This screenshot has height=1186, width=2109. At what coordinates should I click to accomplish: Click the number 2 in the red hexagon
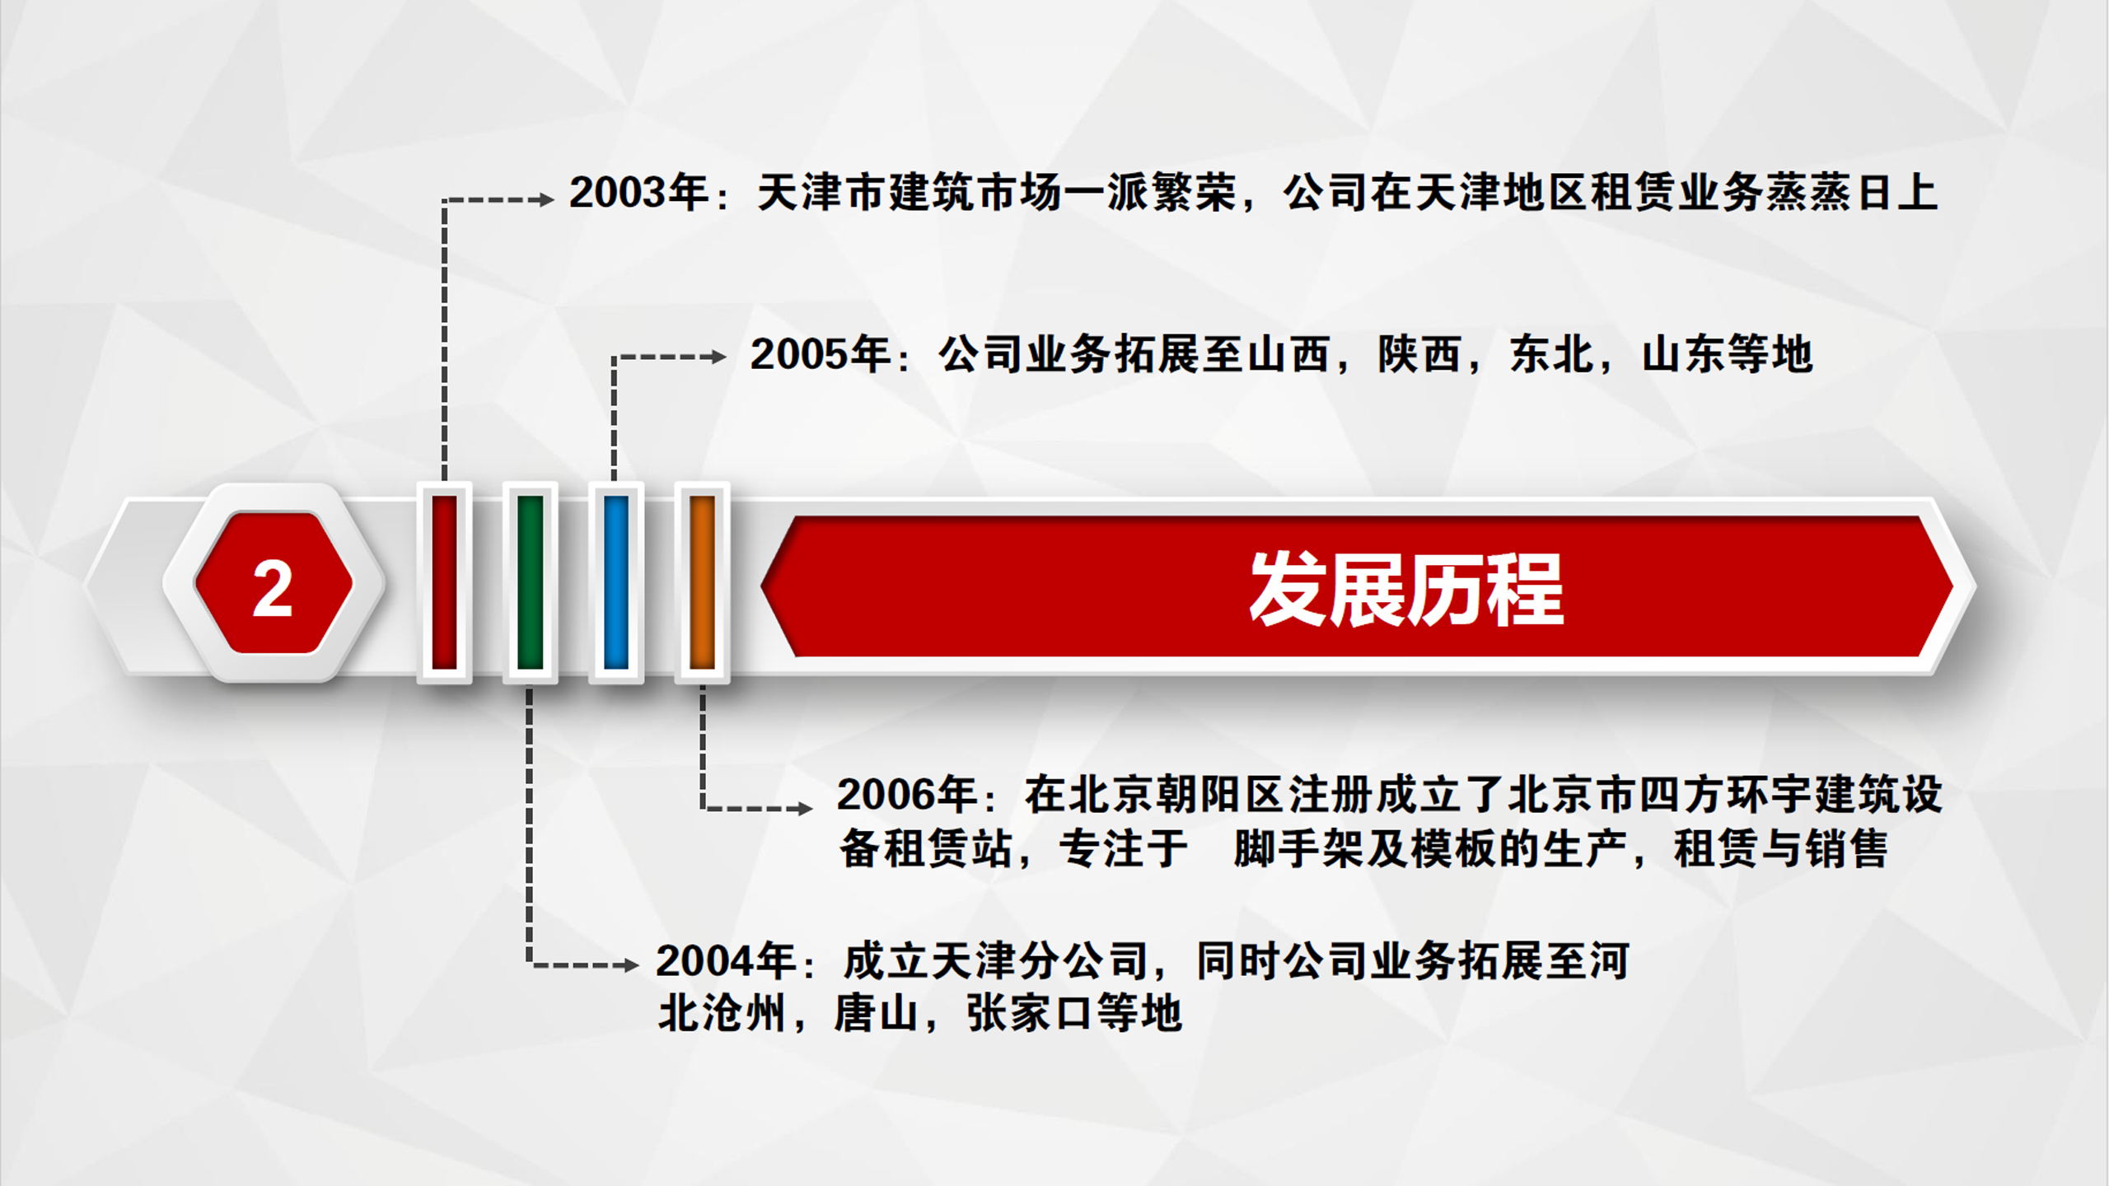(273, 588)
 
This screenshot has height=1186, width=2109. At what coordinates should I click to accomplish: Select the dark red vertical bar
(444, 581)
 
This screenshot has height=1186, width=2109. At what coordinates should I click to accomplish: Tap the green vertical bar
(530, 581)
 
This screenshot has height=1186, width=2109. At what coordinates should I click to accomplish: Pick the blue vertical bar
(616, 581)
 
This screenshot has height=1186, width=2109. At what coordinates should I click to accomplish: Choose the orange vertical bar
(702, 581)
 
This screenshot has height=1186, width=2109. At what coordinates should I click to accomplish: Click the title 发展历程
(1406, 589)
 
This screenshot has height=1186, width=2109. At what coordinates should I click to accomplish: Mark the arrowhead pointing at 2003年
(545, 199)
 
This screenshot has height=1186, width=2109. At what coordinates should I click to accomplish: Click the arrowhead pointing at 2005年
(718, 357)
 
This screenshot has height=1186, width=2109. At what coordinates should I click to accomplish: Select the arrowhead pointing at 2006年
(804, 809)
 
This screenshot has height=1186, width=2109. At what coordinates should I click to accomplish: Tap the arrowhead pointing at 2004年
(631, 964)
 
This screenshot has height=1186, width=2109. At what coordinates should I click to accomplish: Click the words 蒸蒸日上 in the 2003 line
(1850, 193)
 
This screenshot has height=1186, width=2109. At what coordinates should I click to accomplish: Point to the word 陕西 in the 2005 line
(1419, 354)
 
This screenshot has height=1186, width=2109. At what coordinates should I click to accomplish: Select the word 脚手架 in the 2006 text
(1299, 848)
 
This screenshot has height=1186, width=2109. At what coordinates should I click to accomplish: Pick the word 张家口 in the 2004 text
(1031, 1013)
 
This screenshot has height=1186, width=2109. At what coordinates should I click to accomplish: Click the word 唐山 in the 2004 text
(877, 1013)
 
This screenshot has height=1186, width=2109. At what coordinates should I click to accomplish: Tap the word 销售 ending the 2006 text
(1846, 848)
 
